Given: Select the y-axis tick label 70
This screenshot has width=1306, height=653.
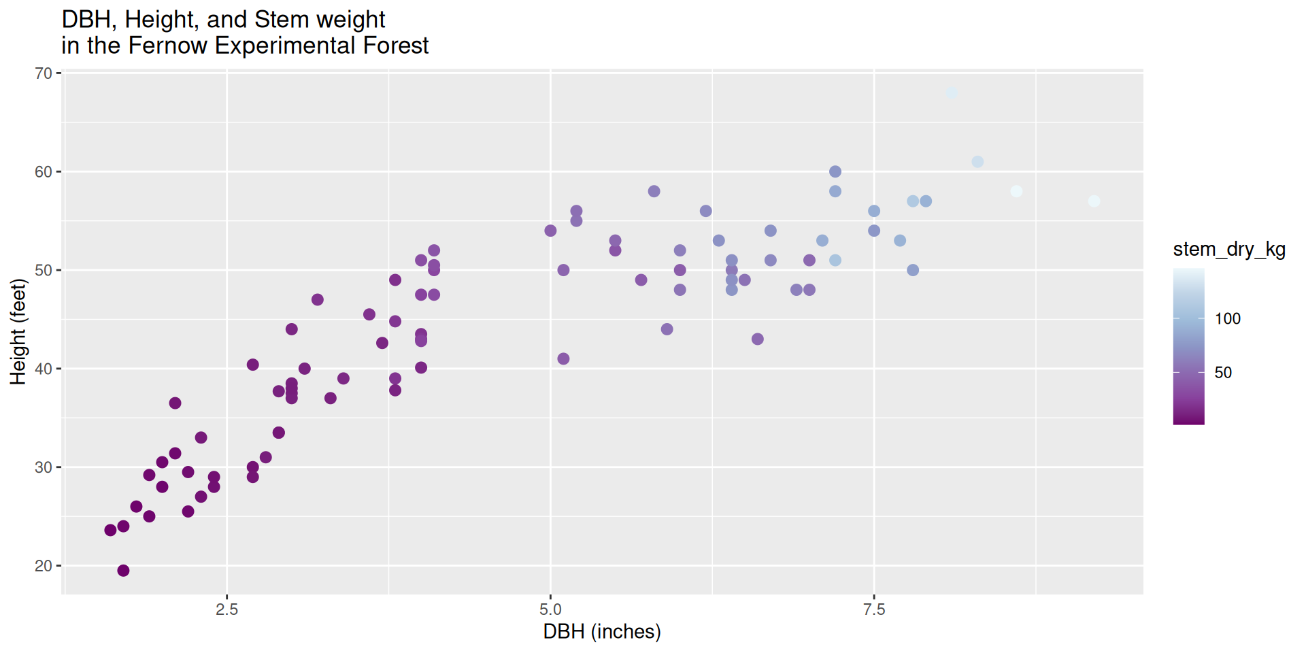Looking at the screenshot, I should coord(44,73).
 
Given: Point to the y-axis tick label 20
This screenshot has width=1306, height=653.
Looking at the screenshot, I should coord(44,566).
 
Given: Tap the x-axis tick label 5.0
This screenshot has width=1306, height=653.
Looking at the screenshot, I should coord(550,609).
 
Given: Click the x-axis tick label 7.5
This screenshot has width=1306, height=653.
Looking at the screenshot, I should coord(874,609).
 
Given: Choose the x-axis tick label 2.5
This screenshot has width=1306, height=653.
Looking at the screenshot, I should coord(227,609).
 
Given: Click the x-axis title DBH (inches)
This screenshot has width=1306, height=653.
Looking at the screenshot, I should coord(602,632).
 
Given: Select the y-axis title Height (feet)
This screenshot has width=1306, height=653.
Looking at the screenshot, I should coord(18,332).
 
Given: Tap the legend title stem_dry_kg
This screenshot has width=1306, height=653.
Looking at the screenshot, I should coord(1229,250).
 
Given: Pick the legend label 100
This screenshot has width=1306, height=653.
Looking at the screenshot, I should coord(1228,319).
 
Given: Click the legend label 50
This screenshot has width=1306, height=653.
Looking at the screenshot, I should coord(1223,373).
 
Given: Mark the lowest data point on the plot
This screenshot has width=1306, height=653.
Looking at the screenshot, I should coord(123,571).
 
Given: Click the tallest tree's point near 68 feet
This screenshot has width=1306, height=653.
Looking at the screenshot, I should coord(952,93).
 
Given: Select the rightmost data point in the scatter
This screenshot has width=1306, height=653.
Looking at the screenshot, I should coord(1094,201).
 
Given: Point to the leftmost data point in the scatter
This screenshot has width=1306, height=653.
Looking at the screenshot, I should coord(110,531).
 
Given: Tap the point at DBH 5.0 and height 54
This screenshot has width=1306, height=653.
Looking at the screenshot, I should coord(550,231).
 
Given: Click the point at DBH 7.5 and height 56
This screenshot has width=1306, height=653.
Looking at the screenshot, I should coord(874,212).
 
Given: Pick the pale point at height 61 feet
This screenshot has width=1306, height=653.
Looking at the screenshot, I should coord(977,162).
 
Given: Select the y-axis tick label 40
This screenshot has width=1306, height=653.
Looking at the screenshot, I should coord(44,369).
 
